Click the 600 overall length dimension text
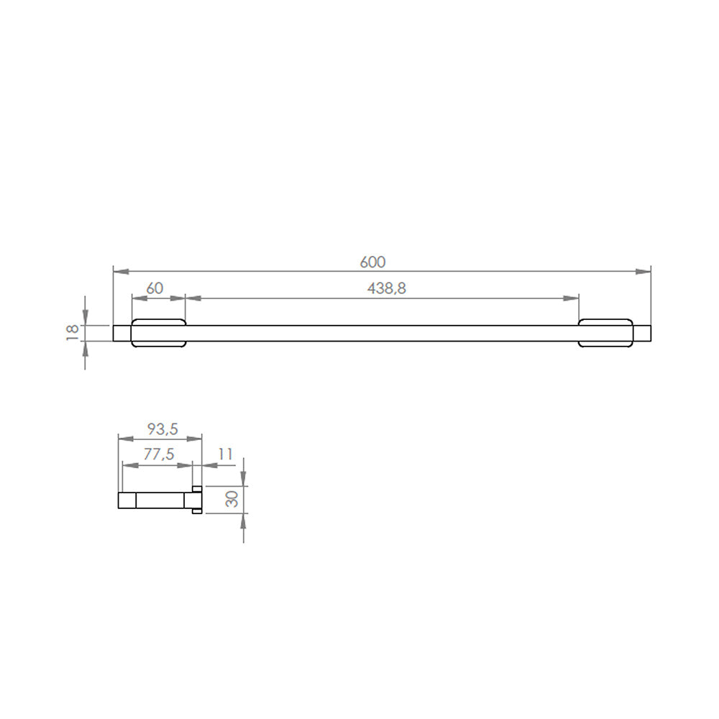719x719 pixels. click(x=372, y=262)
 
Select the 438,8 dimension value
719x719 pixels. click(x=387, y=288)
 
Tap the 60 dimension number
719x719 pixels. click(x=155, y=288)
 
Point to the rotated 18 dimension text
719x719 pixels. click(x=72, y=331)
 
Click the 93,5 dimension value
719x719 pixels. click(x=162, y=429)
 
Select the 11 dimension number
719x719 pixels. click(x=225, y=455)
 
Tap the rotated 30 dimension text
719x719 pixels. click(x=232, y=498)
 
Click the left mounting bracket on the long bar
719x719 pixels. click(x=159, y=332)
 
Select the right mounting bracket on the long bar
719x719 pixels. click(x=605, y=332)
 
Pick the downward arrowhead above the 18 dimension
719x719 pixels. click(x=86, y=317)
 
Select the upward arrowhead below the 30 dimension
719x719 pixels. click(x=244, y=521)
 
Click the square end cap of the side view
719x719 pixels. click(x=127, y=500)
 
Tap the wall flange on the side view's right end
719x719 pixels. click(x=196, y=500)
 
